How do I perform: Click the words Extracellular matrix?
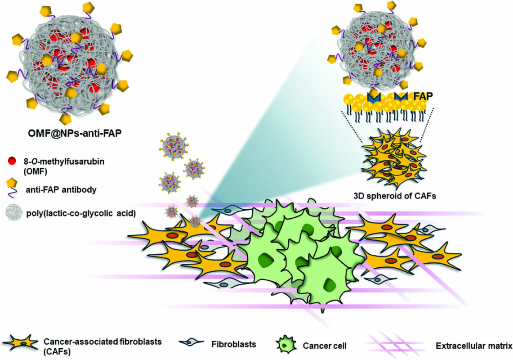click(474, 346)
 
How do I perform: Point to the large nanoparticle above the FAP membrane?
click(378, 45)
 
